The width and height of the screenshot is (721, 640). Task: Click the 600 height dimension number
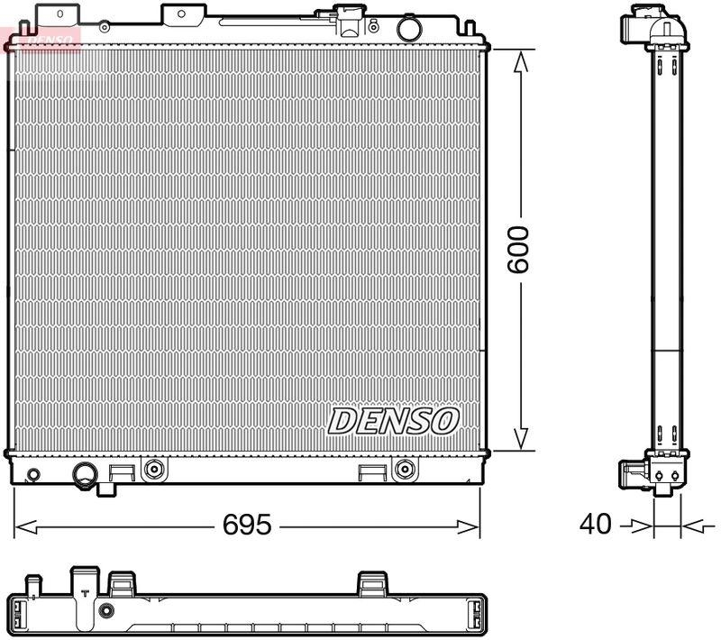click(518, 250)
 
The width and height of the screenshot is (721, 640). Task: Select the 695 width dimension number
click(247, 525)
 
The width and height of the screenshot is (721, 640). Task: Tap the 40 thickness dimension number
click(595, 524)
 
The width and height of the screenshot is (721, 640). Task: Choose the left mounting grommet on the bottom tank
click(154, 469)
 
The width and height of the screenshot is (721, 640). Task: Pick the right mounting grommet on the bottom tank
click(405, 469)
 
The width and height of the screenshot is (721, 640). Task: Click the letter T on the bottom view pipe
click(84, 593)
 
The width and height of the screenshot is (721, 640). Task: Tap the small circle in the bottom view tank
click(107, 611)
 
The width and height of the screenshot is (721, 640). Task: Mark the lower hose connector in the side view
click(636, 473)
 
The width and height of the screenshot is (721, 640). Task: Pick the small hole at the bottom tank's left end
click(33, 475)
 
